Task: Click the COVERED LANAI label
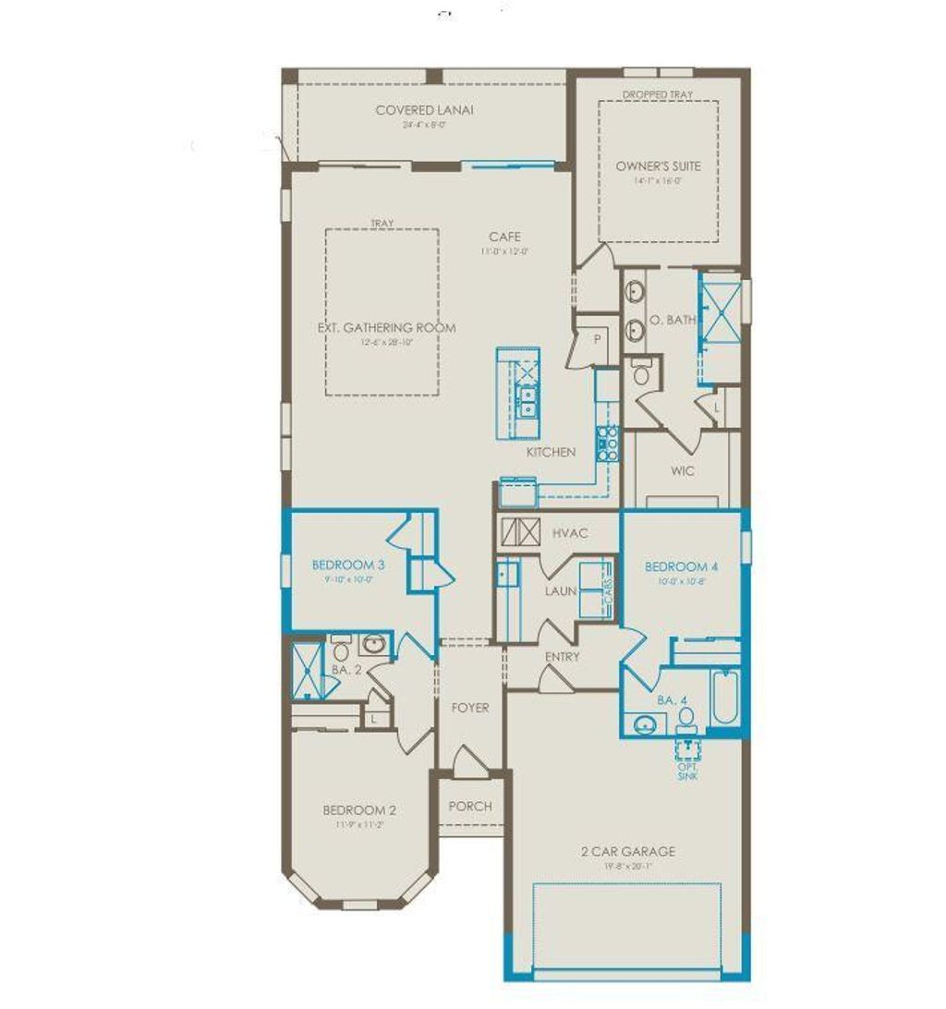[x=424, y=110]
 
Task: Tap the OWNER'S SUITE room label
[x=659, y=166]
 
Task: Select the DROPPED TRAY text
[x=658, y=95]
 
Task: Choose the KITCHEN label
[x=551, y=452]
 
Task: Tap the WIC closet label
[x=684, y=471]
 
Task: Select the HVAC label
[x=571, y=533]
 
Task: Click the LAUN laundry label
[x=561, y=590]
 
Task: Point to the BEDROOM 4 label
[x=681, y=566]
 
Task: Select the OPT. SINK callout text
[x=687, y=771]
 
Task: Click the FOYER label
[x=469, y=708]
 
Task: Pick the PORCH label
[x=470, y=806]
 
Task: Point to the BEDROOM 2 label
[x=359, y=810]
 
